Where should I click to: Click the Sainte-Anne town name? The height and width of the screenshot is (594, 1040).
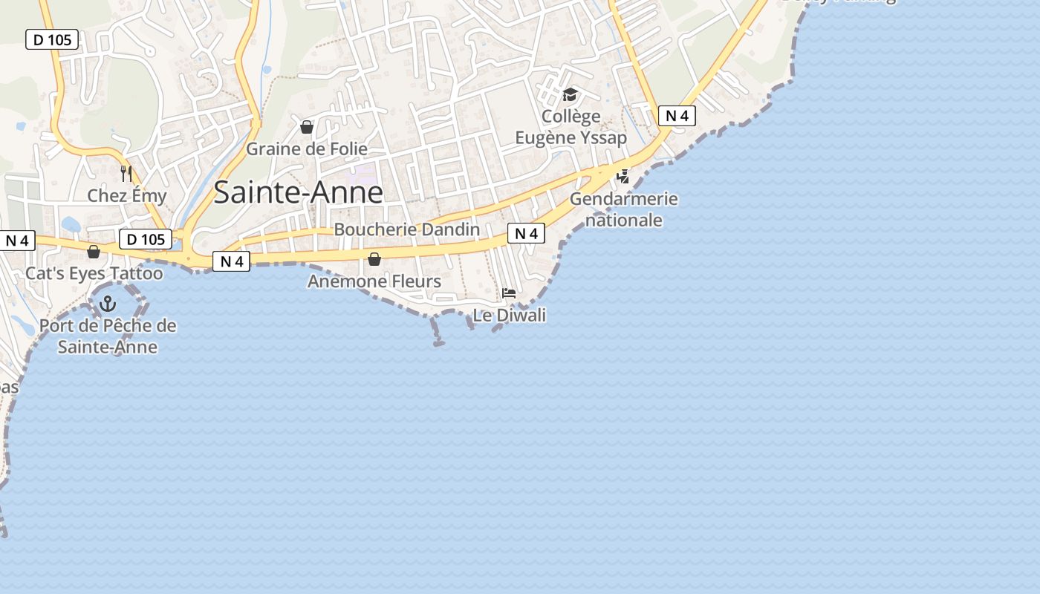[298, 192]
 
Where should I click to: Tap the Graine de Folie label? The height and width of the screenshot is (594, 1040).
[306, 148]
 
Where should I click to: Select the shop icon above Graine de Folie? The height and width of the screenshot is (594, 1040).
[307, 128]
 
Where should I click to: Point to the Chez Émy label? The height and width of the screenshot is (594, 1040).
[127, 195]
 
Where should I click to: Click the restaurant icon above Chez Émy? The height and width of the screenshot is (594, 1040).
[126, 174]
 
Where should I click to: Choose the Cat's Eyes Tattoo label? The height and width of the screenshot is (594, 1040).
[94, 273]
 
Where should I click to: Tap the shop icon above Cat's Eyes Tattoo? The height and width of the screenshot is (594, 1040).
[94, 252]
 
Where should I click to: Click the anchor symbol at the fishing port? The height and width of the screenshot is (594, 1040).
[108, 304]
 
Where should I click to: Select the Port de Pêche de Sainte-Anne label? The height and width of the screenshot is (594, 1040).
[108, 336]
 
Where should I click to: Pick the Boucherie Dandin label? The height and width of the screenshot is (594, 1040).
[407, 229]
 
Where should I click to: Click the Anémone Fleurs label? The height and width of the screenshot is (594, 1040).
[374, 281]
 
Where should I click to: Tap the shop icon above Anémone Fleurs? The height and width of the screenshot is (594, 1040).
[374, 259]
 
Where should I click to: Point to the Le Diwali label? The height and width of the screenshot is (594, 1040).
[510, 316]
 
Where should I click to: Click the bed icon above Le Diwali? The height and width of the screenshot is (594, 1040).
[509, 293]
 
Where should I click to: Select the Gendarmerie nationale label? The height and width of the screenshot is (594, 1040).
[624, 209]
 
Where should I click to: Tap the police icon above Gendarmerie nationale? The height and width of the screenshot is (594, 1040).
[623, 176]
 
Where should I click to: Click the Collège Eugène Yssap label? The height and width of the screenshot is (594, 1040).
[571, 127]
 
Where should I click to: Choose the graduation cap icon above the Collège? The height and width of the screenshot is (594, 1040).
[570, 94]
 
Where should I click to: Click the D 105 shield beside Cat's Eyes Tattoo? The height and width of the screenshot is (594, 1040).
[146, 239]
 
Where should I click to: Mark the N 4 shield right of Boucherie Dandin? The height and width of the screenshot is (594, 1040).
[526, 234]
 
